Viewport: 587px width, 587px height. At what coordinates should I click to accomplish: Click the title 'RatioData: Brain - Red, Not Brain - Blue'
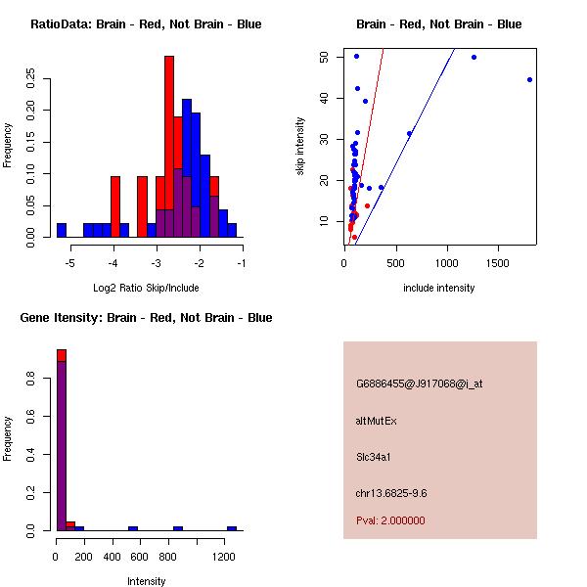point(146,24)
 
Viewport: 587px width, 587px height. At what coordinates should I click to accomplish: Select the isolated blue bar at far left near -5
point(62,230)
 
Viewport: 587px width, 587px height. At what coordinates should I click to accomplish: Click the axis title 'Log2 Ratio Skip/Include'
point(146,288)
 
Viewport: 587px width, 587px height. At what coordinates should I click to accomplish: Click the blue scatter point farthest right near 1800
point(529,80)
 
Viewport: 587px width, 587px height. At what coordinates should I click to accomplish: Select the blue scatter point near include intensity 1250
point(474,57)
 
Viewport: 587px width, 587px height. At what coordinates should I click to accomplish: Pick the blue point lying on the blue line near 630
point(409,134)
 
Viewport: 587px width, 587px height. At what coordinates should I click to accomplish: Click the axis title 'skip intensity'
point(300,147)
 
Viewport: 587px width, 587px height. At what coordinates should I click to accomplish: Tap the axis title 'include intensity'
point(439,288)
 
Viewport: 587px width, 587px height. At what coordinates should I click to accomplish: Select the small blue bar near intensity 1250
point(232,528)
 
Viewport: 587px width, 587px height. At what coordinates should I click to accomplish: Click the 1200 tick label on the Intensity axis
point(224,557)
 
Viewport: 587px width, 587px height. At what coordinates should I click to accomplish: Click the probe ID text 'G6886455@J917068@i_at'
point(419,384)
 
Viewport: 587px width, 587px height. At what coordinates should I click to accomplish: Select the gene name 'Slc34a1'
point(374,456)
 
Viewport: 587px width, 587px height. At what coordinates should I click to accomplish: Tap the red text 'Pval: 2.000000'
point(390,520)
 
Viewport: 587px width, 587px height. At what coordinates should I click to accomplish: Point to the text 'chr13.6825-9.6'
point(390,493)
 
